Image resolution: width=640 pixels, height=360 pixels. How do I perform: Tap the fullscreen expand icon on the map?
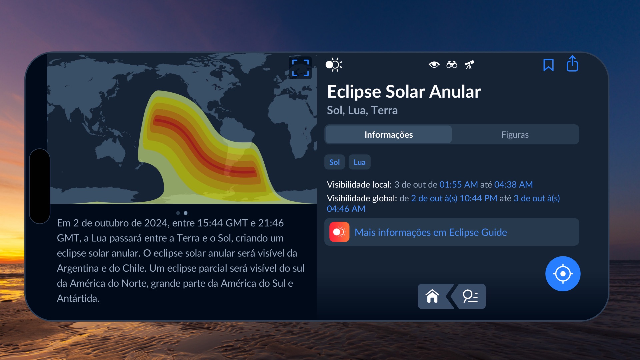pyautogui.click(x=300, y=68)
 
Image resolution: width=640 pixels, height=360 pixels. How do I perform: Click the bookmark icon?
pyautogui.click(x=548, y=65)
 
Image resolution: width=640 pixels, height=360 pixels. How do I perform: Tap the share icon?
pyautogui.click(x=572, y=64)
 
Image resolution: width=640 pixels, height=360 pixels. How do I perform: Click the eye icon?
pyautogui.click(x=434, y=64)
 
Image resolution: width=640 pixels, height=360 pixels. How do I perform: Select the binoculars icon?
pyautogui.click(x=452, y=65)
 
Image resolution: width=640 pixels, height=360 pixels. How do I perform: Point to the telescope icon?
pyautogui.click(x=469, y=65)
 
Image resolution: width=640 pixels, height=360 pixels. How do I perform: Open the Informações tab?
pyautogui.click(x=389, y=135)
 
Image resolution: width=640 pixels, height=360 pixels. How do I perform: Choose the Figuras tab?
pyautogui.click(x=515, y=135)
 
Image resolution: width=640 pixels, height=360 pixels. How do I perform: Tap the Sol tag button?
pyautogui.click(x=334, y=162)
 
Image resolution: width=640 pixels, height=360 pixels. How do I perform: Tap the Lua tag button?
pyautogui.click(x=359, y=162)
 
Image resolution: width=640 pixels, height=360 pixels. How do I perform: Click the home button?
pyautogui.click(x=432, y=296)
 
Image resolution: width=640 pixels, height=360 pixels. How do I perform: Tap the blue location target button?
pyautogui.click(x=563, y=274)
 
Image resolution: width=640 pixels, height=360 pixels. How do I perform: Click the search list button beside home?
pyautogui.click(x=470, y=296)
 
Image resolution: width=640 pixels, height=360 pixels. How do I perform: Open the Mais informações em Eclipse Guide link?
pyautogui.click(x=431, y=232)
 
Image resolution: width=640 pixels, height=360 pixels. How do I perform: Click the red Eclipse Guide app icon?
pyautogui.click(x=339, y=232)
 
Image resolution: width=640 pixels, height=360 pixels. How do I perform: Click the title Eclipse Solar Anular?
pyautogui.click(x=404, y=92)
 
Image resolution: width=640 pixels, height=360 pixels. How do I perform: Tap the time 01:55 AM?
pyautogui.click(x=458, y=185)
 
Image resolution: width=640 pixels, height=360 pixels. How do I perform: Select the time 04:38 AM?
pyautogui.click(x=513, y=185)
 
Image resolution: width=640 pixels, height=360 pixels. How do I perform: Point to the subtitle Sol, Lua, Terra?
pyautogui.click(x=362, y=110)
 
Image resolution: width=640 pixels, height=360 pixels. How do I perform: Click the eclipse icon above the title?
pyautogui.click(x=334, y=65)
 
